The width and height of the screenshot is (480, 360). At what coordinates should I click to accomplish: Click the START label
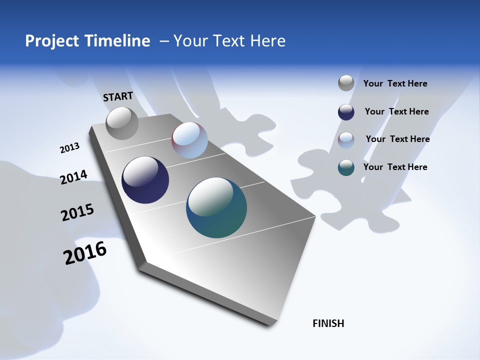[118, 96]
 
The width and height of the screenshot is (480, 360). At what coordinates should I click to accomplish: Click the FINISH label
[328, 323]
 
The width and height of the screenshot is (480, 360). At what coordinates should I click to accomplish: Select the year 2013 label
[69, 148]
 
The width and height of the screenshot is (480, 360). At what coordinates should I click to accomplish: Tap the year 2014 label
[73, 177]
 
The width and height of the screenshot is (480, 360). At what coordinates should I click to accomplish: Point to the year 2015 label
[77, 212]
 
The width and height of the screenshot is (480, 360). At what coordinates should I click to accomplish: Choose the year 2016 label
[85, 253]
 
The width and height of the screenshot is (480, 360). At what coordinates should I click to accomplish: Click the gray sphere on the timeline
[122, 123]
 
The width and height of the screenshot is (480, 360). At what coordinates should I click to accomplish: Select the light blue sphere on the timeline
[189, 140]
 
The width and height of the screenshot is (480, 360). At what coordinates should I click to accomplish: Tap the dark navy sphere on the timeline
[145, 180]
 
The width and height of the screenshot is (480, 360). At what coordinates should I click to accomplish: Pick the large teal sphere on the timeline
[216, 207]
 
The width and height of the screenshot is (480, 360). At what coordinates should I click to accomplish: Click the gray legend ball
[346, 83]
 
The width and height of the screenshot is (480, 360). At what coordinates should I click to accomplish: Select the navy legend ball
[346, 112]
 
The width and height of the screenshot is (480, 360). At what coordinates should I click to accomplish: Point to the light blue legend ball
[346, 140]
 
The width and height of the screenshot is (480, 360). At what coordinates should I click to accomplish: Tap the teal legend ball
[346, 167]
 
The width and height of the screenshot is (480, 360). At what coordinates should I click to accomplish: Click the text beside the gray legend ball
[395, 84]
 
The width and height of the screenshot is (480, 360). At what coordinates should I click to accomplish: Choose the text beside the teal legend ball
[395, 167]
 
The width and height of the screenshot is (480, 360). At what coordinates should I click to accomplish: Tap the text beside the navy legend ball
[396, 111]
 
